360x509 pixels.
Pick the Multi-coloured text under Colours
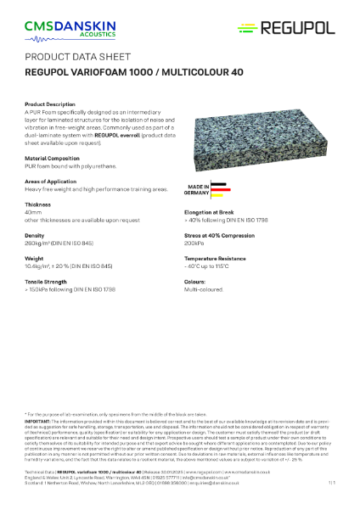[204, 287]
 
